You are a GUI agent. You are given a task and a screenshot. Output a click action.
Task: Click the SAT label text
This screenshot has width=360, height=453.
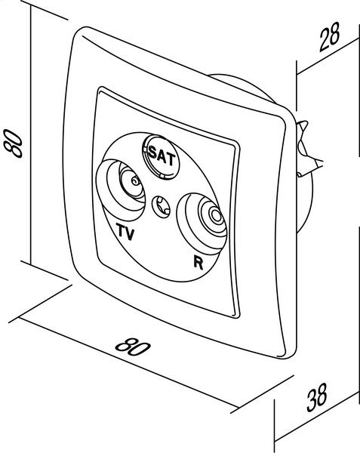click(x=162, y=156)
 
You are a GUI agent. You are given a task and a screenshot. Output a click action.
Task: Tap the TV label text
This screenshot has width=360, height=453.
click(x=125, y=232)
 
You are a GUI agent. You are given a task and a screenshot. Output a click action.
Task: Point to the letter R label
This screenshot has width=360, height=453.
click(x=198, y=262)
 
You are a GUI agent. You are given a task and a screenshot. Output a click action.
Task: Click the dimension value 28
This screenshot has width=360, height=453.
click(x=329, y=37)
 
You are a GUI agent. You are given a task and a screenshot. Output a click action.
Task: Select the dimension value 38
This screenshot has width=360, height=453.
click(x=317, y=397)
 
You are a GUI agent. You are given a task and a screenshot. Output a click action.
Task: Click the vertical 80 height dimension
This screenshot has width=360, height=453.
click(x=14, y=143)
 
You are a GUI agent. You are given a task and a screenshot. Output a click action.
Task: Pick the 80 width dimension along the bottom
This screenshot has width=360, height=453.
click(x=133, y=347)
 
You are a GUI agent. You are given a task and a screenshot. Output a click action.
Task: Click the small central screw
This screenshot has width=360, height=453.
click(x=161, y=207)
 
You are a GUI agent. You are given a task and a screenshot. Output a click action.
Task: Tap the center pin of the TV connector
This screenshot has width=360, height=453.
click(x=134, y=181)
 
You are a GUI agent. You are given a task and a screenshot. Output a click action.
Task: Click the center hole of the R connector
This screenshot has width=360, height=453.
click(x=215, y=215)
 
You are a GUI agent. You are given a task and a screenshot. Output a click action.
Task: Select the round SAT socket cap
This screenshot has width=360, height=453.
click(x=161, y=156)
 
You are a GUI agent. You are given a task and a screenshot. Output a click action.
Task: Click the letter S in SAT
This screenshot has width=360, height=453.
click(x=152, y=152)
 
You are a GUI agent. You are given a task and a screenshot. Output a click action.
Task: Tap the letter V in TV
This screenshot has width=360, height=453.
click(x=131, y=234)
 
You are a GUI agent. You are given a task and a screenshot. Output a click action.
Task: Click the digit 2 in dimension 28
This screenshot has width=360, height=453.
click(x=325, y=41)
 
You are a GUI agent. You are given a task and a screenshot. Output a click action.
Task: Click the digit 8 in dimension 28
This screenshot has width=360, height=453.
click(x=334, y=32)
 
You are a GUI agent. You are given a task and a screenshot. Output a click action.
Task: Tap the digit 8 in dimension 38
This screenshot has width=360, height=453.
click(x=322, y=394)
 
